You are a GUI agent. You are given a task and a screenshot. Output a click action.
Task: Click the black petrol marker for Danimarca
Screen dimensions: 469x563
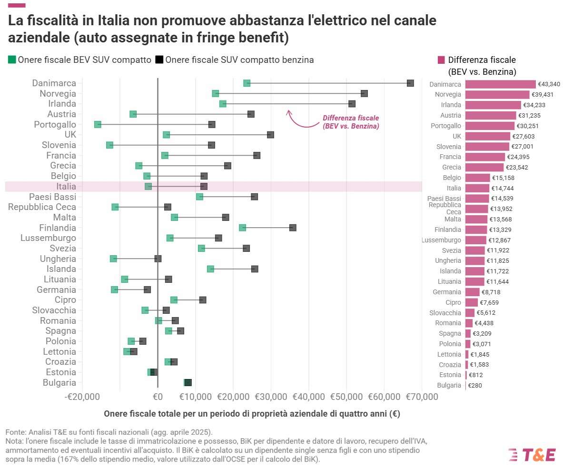(410, 83)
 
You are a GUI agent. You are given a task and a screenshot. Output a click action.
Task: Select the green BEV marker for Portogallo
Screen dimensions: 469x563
(98, 124)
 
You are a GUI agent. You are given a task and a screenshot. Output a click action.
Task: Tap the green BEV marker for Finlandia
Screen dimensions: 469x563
(243, 228)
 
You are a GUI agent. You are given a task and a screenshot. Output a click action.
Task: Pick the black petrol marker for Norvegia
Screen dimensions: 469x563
(364, 93)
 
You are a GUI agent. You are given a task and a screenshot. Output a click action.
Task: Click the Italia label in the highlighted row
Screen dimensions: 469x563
(66, 187)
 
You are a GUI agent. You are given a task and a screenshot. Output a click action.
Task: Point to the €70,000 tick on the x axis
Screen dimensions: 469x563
(421, 397)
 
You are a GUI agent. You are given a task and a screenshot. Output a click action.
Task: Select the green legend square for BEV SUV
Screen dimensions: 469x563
(12, 60)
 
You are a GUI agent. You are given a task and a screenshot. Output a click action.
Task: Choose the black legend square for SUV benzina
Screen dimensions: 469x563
(159, 60)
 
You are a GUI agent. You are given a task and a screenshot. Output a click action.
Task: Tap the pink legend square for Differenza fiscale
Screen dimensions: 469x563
(441, 60)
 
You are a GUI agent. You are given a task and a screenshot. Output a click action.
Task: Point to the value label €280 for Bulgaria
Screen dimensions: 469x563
(475, 386)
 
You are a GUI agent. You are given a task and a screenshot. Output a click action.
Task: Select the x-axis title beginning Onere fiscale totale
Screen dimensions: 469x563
(252, 414)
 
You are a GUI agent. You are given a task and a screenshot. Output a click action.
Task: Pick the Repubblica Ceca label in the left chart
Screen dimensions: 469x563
(42, 207)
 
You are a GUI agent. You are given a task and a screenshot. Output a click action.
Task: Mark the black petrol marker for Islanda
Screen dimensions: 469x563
(255, 269)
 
